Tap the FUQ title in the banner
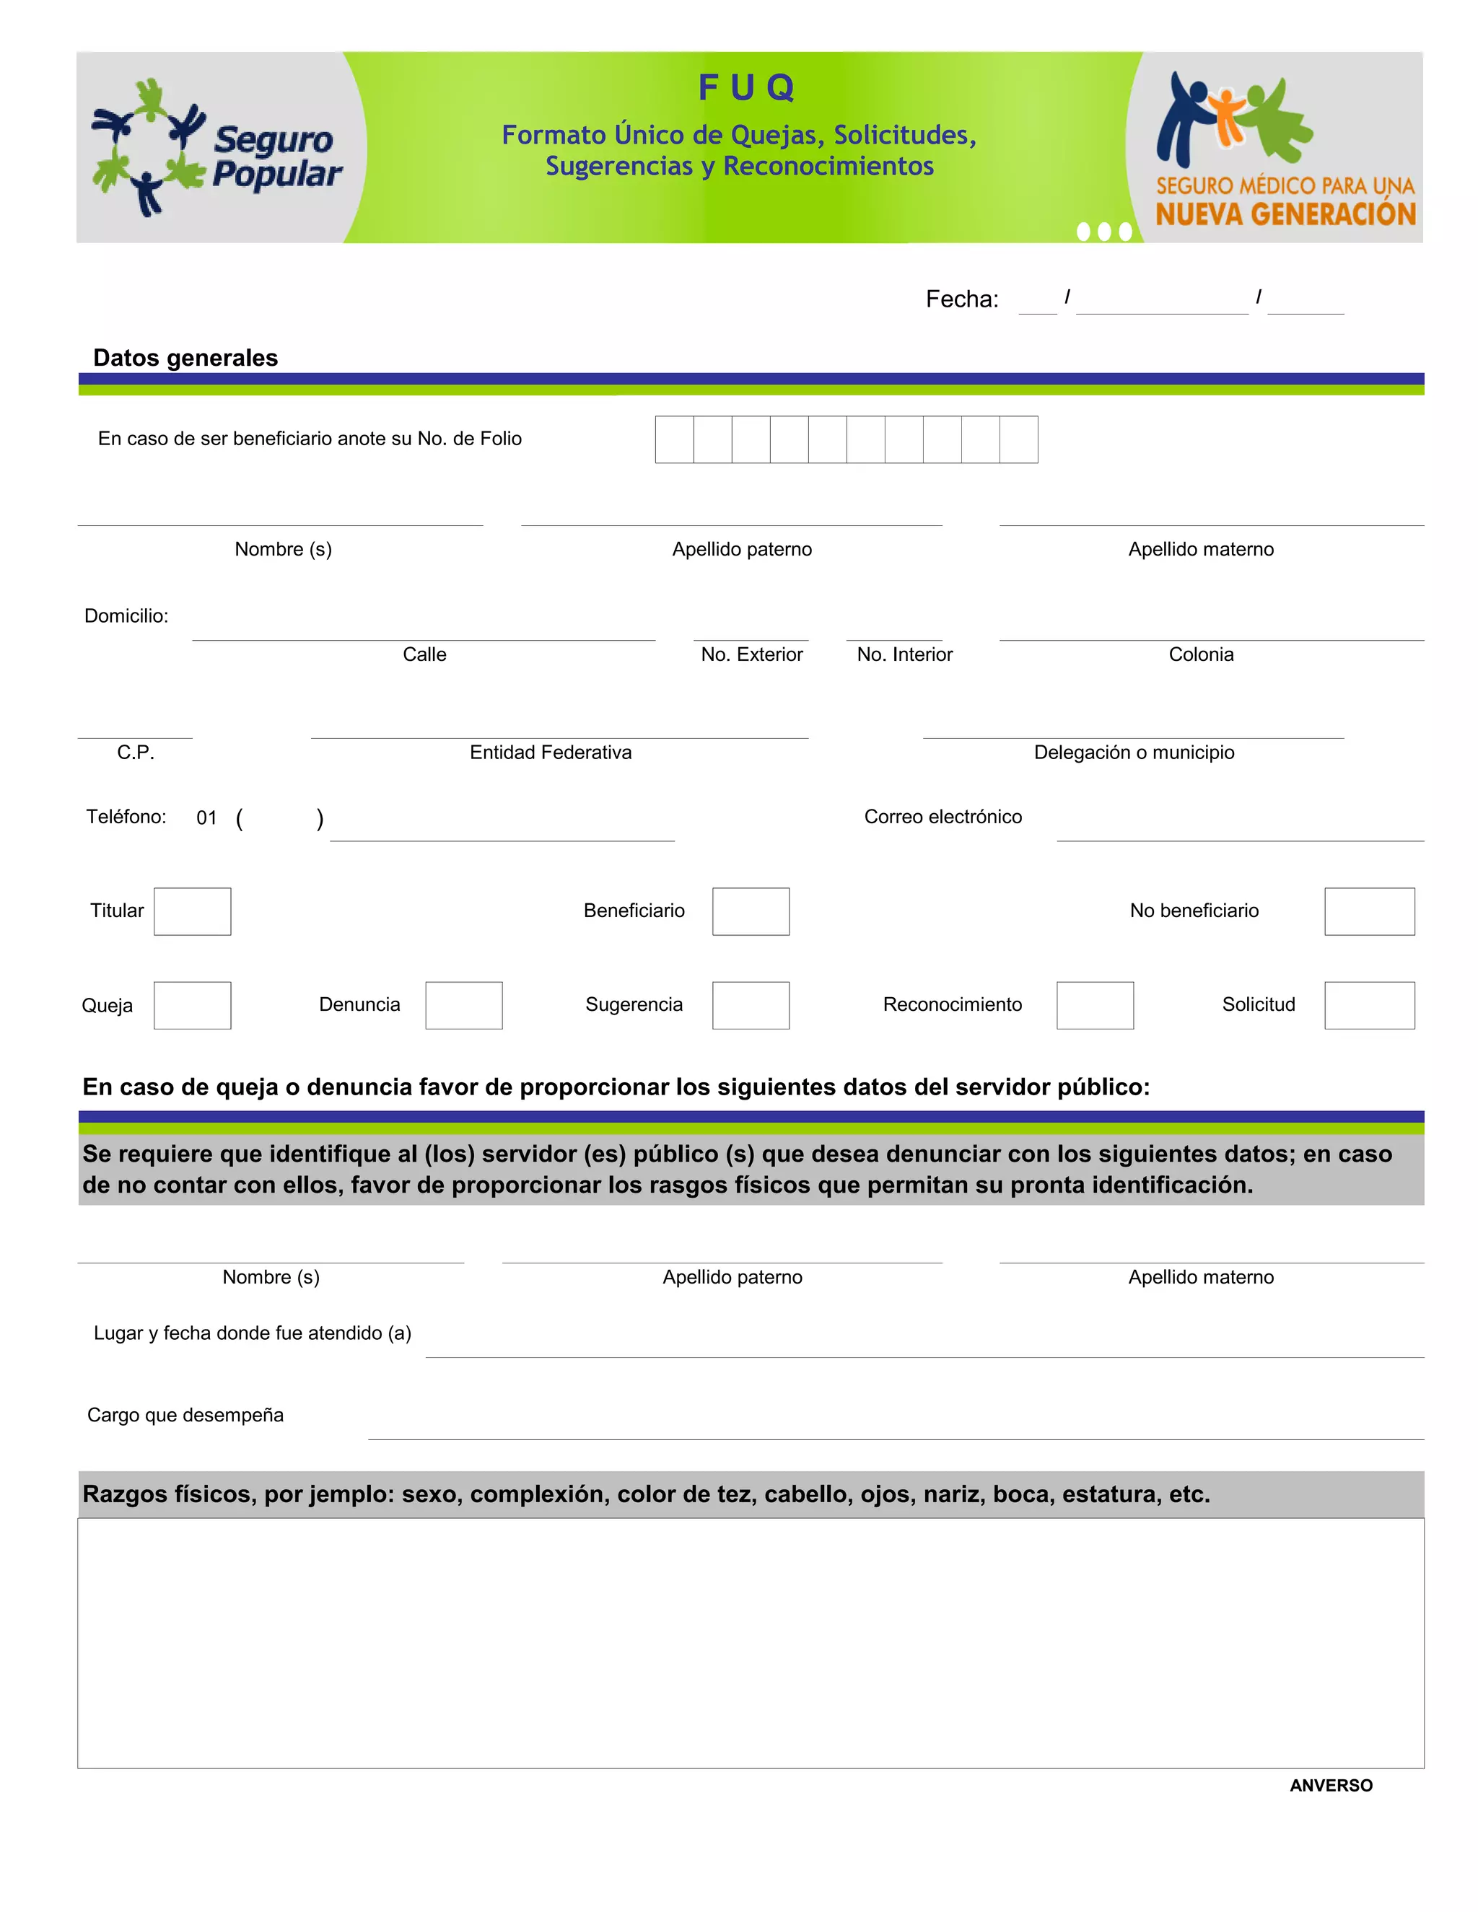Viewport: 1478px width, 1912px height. click(746, 87)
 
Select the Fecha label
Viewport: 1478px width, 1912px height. click(961, 299)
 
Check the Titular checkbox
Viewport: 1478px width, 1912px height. click(193, 911)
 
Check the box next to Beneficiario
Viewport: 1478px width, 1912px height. click(751, 911)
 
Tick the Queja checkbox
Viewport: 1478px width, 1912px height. click(193, 1005)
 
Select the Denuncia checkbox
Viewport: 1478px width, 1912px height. click(463, 1005)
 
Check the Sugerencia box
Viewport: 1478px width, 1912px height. click(751, 1005)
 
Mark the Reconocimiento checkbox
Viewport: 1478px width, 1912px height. click(1095, 1005)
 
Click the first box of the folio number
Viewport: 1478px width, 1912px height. click(674, 439)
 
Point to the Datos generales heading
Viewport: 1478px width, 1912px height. click(185, 358)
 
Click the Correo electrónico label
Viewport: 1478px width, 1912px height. click(943, 817)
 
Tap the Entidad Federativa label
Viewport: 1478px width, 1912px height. click(551, 753)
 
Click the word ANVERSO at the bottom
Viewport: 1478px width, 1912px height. click(1330, 1786)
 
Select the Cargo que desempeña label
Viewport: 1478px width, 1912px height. click(185, 1416)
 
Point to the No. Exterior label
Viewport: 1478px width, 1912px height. click(751, 655)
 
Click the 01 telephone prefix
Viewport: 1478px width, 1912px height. click(206, 817)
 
